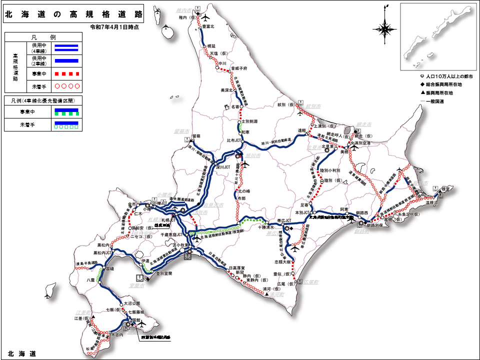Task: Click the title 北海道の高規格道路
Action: coord(73,14)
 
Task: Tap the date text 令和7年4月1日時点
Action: coord(114,27)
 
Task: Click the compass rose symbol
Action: coord(385,29)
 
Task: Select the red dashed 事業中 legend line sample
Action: coord(66,74)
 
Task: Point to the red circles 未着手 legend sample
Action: coord(66,86)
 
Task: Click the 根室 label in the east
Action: coord(443,188)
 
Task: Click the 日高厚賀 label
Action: coord(238,268)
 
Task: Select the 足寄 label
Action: coord(305,205)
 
